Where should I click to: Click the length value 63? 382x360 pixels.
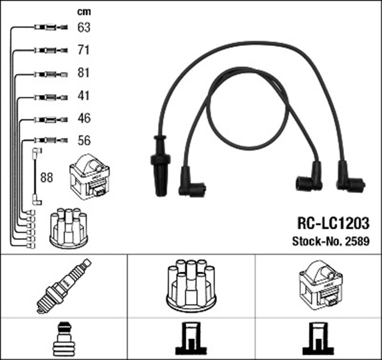84,27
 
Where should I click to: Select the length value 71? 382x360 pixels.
84,50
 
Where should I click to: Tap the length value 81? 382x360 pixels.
84,73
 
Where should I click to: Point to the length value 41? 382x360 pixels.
84,96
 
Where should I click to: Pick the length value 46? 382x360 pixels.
84,118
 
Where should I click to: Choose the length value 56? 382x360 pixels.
84,141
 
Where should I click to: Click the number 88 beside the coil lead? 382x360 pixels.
47,177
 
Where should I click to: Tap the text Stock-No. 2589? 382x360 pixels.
330,242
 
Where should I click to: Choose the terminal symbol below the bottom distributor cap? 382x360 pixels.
191,339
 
